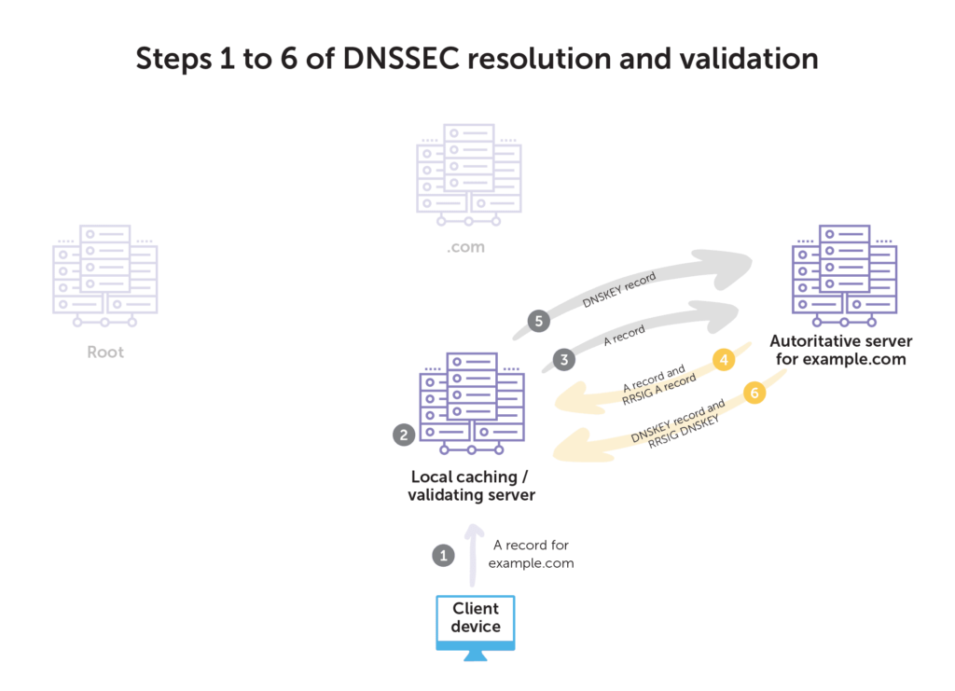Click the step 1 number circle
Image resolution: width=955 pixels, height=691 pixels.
click(443, 555)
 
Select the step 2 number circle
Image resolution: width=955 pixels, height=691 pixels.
click(404, 435)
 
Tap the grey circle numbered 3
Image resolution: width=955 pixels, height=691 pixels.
click(564, 359)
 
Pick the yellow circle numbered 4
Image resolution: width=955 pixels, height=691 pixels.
click(724, 359)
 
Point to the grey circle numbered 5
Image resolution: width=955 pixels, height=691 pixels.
click(538, 321)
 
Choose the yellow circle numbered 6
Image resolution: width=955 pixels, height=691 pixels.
click(754, 393)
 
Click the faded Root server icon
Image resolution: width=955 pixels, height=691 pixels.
click(105, 275)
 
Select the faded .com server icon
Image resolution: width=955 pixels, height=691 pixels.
click(468, 174)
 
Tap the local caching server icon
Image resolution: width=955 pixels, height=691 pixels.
click(472, 403)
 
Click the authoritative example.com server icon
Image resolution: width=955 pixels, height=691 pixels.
click(844, 275)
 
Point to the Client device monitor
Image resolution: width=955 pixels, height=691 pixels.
click(476, 627)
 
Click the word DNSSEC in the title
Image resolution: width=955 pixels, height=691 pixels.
click(401, 59)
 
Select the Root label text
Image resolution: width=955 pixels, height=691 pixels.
click(105, 352)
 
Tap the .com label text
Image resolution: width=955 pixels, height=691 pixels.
click(466, 247)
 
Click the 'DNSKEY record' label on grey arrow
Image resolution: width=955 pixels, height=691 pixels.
click(619, 289)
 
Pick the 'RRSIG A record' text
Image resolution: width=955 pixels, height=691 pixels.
click(659, 389)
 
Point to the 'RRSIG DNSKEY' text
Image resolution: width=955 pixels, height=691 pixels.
click(684, 431)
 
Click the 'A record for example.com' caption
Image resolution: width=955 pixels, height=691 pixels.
click(531, 553)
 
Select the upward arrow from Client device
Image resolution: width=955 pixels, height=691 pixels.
click(473, 555)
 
